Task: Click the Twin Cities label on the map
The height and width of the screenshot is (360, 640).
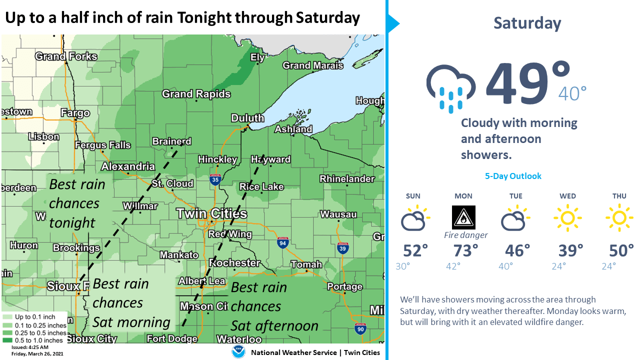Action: pos(212,214)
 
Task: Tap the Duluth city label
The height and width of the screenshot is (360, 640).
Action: pos(247,118)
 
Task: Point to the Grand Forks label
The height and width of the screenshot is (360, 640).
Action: pos(66,56)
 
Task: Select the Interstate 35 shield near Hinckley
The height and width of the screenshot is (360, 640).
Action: pos(215,179)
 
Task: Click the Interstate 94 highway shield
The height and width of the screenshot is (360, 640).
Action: pos(282,243)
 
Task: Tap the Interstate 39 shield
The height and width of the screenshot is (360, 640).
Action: pos(342,247)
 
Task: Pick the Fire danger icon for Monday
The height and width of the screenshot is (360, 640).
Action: pos(463,217)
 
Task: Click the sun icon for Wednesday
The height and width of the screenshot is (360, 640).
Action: pos(567,218)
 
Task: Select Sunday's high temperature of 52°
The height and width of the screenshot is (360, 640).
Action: pos(415,250)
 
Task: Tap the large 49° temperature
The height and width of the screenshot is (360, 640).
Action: pos(528,83)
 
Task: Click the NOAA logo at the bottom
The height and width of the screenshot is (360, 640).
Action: pos(238,352)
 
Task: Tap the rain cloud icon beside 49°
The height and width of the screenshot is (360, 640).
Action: pos(450,87)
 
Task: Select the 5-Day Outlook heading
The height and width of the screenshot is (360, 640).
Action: pos(513,176)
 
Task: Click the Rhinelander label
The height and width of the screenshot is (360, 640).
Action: pos(347,179)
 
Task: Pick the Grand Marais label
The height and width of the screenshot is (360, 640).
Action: pos(313,65)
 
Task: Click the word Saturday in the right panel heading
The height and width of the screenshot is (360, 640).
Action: pos(527,23)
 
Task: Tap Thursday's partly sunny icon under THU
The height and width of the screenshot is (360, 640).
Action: pos(619,218)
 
